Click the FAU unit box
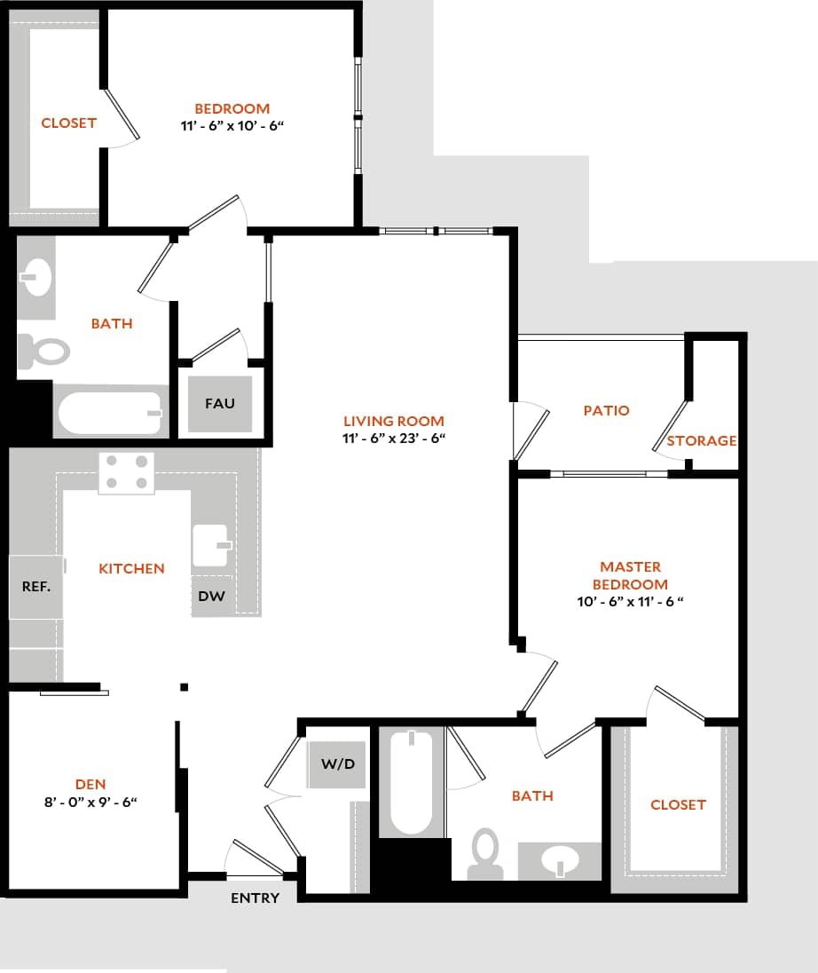click(x=220, y=404)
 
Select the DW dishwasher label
click(x=211, y=597)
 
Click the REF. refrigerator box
click(x=36, y=587)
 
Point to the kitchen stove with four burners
click(x=126, y=473)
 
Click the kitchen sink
click(x=212, y=544)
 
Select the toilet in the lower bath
click(x=485, y=852)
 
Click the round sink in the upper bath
click(x=35, y=279)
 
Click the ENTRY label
click(x=256, y=898)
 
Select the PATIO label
click(x=606, y=410)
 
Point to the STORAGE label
click(x=702, y=440)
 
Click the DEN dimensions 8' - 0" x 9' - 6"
click(x=90, y=802)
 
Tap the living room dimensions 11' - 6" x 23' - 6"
click(x=394, y=439)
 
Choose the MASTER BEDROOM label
click(x=630, y=575)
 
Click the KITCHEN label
click(x=131, y=568)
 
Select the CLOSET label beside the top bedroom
click(x=68, y=123)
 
